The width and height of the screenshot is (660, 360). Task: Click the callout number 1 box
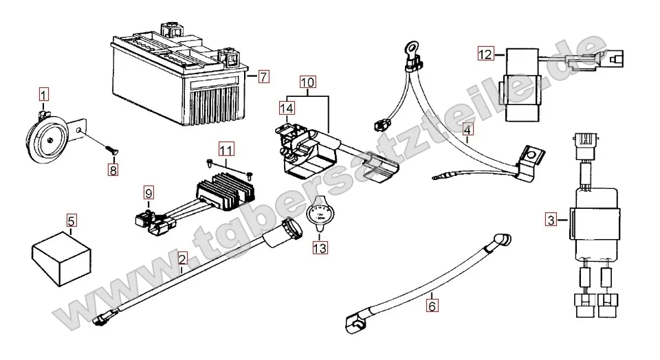tap(43, 93)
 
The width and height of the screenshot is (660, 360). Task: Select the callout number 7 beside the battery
tap(265, 77)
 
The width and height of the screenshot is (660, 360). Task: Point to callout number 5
tap(71, 221)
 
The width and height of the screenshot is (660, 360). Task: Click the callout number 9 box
tap(149, 193)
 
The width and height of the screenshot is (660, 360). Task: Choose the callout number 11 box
tap(227, 148)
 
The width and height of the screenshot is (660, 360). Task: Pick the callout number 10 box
tap(307, 83)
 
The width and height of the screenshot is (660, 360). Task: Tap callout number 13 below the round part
tap(320, 245)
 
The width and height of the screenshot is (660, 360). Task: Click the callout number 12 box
tap(486, 53)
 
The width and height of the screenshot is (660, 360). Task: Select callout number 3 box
tap(550, 220)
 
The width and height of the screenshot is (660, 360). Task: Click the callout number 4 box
tap(467, 129)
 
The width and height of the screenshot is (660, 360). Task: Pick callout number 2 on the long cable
tap(182, 259)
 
